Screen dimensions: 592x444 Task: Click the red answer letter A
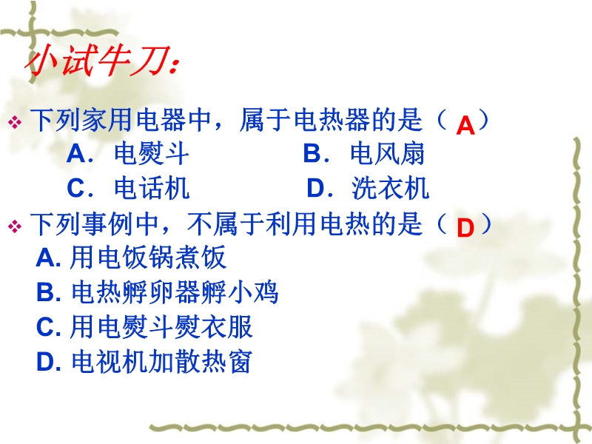pyautogui.click(x=465, y=125)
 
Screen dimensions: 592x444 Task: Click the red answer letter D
pyautogui.click(x=465, y=228)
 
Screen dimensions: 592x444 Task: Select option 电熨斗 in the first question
pyautogui.click(x=152, y=154)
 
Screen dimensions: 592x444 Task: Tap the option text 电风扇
pyautogui.click(x=387, y=154)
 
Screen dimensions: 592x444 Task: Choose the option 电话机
pyautogui.click(x=152, y=188)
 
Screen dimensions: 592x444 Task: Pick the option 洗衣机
pyautogui.click(x=391, y=188)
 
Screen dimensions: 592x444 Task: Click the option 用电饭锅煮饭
pyautogui.click(x=147, y=258)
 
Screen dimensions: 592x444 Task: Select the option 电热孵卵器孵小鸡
pyautogui.click(x=175, y=292)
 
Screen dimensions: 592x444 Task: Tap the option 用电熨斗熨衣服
pyautogui.click(x=161, y=326)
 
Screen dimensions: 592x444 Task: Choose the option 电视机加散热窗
pyautogui.click(x=161, y=361)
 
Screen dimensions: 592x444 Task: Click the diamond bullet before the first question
pyautogui.click(x=15, y=122)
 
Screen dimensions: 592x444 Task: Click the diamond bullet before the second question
pyautogui.click(x=15, y=226)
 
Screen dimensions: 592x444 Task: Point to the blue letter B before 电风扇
pyautogui.click(x=312, y=154)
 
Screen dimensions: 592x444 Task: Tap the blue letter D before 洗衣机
pyautogui.click(x=316, y=188)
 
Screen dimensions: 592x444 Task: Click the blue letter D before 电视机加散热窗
pyautogui.click(x=45, y=362)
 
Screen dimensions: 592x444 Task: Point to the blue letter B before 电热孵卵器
pyautogui.click(x=45, y=292)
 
